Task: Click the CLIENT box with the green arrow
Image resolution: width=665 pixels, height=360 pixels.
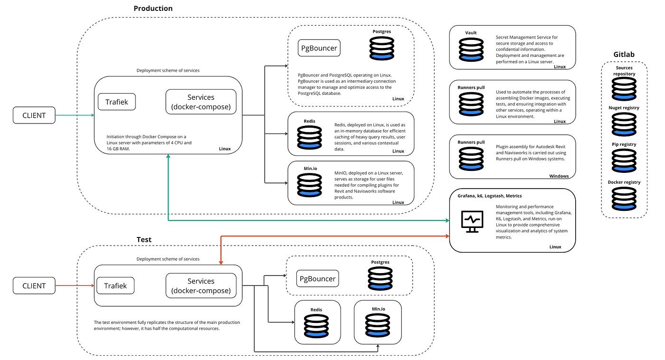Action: tap(34, 115)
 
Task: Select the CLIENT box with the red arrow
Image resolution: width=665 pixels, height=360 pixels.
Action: tap(34, 285)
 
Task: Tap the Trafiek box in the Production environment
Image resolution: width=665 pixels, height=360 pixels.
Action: tap(117, 102)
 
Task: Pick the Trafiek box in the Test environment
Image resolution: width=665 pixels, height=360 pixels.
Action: tap(115, 285)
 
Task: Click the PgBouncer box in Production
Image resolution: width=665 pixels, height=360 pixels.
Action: tap(319, 48)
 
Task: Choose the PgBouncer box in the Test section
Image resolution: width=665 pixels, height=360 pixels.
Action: tap(318, 278)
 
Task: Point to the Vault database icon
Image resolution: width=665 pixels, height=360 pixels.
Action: tap(471, 49)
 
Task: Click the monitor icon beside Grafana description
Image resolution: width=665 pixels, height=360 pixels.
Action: tap(472, 221)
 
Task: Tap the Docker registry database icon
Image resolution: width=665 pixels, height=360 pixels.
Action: tap(624, 199)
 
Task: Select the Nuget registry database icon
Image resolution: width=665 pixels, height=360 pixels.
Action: tap(624, 124)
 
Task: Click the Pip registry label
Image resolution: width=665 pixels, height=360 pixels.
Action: tap(624, 144)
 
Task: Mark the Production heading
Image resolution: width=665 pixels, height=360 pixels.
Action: tap(153, 8)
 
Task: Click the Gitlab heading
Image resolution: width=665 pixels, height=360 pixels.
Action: tap(624, 54)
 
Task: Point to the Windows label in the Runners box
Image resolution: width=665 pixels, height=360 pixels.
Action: tap(559, 176)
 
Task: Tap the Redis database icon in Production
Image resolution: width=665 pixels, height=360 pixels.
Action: tap(309, 137)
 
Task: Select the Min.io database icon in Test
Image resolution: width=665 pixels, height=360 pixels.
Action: tap(377, 325)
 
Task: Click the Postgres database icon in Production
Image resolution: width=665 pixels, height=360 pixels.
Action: tap(382, 48)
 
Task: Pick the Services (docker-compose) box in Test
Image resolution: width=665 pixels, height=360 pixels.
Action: tap(201, 285)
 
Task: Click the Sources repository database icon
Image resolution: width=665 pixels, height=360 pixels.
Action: tap(624, 89)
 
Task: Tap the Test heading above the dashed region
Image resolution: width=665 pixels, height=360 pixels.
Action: tap(144, 239)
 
